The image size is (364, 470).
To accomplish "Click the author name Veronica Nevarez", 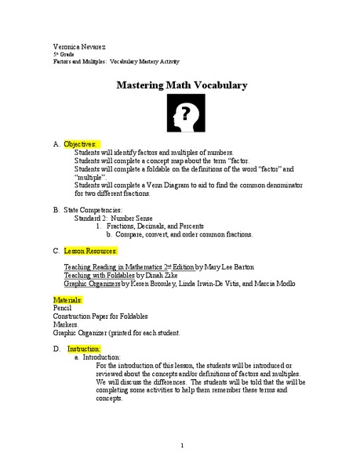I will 75,47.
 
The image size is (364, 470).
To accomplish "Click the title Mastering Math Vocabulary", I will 182,85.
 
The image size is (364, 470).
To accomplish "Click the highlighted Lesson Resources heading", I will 90,251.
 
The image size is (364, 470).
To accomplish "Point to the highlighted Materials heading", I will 68,300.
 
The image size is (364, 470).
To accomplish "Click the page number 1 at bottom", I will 181,446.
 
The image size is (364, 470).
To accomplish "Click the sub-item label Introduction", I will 101,356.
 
